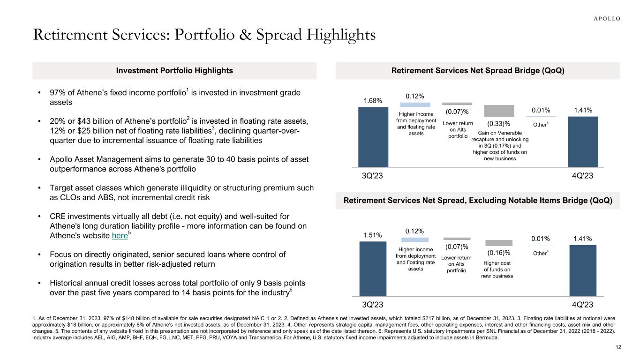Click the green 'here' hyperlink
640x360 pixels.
click(x=120, y=236)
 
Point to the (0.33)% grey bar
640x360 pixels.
click(x=499, y=111)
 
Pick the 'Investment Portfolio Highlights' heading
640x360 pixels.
click(x=174, y=71)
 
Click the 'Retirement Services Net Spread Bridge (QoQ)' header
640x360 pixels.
click(x=477, y=71)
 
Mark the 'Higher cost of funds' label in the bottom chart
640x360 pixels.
click(x=497, y=270)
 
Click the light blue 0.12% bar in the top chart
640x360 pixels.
click(x=415, y=105)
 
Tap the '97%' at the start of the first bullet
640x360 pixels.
click(x=54, y=93)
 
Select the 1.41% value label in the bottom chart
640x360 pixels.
click(x=583, y=239)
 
